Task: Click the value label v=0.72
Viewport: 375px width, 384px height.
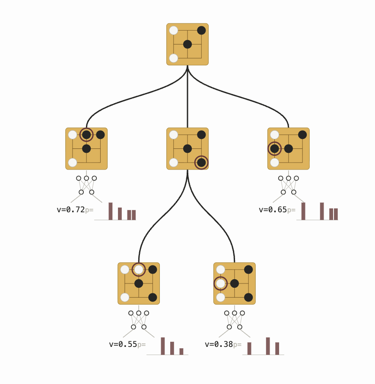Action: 71,210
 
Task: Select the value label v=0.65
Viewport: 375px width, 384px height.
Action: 273,210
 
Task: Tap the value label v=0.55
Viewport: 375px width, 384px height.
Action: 123,345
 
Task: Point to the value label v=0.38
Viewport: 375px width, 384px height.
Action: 219,345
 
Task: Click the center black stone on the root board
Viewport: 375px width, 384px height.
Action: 187,44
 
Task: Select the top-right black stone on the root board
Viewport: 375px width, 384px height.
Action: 201,31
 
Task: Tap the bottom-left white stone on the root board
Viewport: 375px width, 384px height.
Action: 174,58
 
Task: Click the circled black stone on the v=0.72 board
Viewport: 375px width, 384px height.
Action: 86,135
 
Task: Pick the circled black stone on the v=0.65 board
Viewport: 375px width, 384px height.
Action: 274,148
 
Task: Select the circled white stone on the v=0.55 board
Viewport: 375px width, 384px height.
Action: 139,270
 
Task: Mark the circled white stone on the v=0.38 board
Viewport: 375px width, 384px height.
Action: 221,283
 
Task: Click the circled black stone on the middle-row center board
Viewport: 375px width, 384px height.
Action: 201,163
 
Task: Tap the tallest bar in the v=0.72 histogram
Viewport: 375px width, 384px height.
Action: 111,211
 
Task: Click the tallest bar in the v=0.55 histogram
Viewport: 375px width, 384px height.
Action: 163,346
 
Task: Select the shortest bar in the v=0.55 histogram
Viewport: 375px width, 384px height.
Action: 181,352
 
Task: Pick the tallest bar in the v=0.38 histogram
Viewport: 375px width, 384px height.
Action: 268,346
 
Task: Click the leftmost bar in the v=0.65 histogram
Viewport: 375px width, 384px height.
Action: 303,211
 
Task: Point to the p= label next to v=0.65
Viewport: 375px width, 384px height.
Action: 292,210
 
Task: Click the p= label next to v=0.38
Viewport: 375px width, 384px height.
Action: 238,345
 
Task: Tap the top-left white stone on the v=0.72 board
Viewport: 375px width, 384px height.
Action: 73,135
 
